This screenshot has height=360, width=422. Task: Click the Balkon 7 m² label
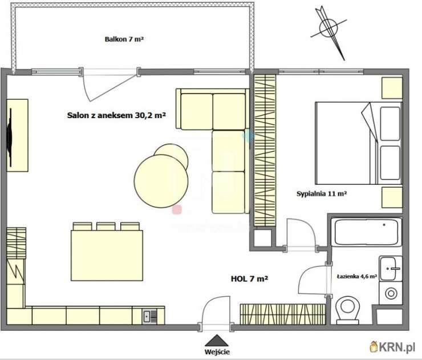coord(124,39)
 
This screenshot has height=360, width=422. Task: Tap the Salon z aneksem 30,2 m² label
coord(116,115)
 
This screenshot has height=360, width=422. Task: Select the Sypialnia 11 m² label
coord(321,193)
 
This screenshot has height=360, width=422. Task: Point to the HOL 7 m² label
coord(249,278)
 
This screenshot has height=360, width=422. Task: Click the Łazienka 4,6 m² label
coord(357,276)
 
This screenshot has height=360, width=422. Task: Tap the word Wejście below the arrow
coord(217,351)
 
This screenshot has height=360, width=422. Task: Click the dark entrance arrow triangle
coord(217,341)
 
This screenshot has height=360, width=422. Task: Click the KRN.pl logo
coord(392,347)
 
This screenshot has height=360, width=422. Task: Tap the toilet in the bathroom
coord(348,310)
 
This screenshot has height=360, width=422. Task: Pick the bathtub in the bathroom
coord(366,232)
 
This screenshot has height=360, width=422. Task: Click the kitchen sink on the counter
coord(149,317)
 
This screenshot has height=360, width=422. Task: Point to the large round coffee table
coord(161,181)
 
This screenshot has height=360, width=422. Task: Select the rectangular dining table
coord(107,255)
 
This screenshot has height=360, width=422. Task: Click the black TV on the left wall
coord(10,137)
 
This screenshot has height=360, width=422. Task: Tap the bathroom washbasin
coord(391,269)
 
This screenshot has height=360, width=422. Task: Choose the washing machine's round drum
coord(391,293)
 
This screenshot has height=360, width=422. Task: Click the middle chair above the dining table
coord(105,226)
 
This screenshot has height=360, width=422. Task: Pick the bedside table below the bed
coord(392,197)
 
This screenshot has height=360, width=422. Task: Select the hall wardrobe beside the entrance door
coord(283,314)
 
